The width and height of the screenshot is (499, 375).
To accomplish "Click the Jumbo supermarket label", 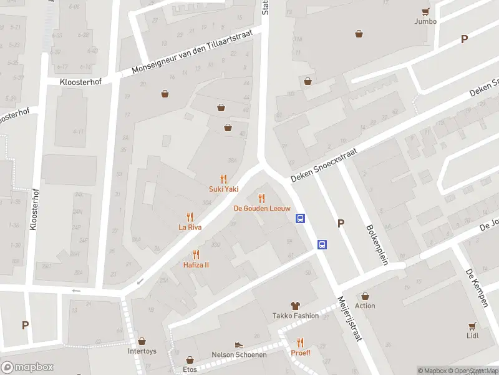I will coord(425,21).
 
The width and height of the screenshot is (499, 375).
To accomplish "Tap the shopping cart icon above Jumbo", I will coord(425,11).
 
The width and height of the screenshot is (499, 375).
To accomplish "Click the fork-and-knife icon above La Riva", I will coord(190,217).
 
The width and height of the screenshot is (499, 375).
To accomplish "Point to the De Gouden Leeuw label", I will coord(261,208).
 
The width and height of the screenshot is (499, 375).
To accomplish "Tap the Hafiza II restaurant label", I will coord(196,264).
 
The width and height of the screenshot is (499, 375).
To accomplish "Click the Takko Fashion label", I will coord(295,316).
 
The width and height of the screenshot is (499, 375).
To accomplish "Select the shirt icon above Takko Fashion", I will coord(295,306).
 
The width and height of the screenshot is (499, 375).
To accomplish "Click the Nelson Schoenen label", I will coord(239,354).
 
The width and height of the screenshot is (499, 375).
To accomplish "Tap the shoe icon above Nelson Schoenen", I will coord(238,344).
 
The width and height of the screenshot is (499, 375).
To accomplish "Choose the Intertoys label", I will coord(142,351).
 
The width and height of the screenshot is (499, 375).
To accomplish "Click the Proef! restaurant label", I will coord(300,352).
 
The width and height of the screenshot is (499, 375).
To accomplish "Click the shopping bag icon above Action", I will coord(365,296).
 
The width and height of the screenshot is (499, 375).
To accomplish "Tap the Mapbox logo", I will coord(27,367).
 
